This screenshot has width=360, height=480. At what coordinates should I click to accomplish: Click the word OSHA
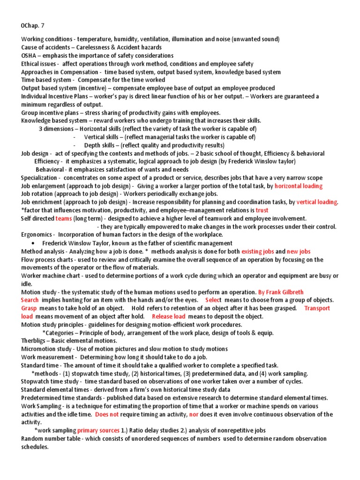point(29,56)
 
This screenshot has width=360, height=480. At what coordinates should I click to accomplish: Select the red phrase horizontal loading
point(299,186)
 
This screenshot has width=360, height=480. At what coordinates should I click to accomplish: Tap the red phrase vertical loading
point(317,202)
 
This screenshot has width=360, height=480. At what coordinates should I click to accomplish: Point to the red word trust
point(262,210)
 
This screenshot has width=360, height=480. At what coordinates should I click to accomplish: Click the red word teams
point(63,218)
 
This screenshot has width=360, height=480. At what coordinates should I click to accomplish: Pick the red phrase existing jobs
point(257,251)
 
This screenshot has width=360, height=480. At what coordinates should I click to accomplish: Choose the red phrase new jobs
point(299,251)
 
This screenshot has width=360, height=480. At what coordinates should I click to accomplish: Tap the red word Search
point(30,300)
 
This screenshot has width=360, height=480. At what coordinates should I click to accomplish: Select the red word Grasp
point(29,308)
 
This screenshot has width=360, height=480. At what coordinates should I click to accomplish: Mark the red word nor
point(193,414)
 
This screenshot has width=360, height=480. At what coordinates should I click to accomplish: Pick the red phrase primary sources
point(98,431)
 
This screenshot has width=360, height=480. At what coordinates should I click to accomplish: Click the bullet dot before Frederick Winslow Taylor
point(32,243)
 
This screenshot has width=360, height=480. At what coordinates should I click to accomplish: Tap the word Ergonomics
point(37,235)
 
